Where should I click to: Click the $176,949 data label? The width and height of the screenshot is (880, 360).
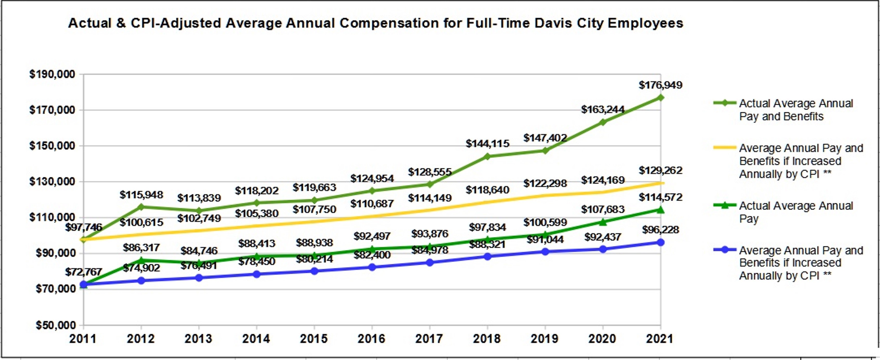click(660, 85)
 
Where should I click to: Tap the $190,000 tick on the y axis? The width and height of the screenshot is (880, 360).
click(52, 74)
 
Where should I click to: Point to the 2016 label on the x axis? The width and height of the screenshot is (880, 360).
click(372, 339)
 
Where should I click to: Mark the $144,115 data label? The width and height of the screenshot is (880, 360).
click(488, 143)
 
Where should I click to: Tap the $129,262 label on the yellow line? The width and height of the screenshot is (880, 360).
click(660, 170)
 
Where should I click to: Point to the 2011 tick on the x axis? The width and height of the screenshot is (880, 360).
click(83, 339)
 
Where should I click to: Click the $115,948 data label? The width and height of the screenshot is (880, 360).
click(141, 195)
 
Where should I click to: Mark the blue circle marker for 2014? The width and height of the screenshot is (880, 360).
click(257, 274)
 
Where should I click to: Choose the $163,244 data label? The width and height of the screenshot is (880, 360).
click(603, 110)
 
